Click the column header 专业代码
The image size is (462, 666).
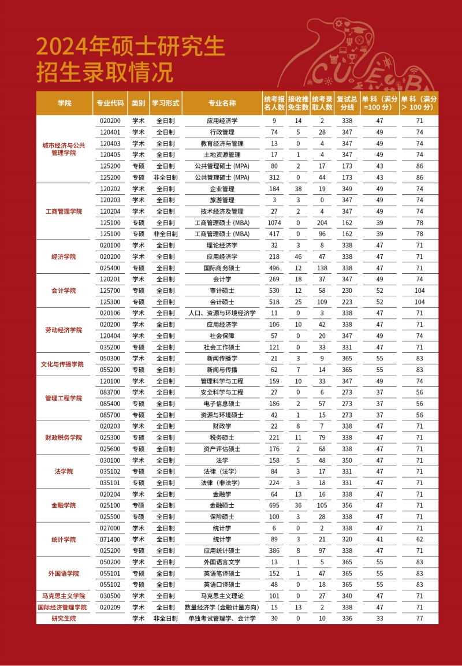click(x=110, y=103)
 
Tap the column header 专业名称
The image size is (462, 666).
click(x=222, y=103)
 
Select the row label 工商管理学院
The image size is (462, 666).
click(x=64, y=211)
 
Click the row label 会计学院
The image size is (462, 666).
click(x=64, y=291)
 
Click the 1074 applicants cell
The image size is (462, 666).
click(x=274, y=223)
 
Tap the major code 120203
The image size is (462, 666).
click(x=110, y=200)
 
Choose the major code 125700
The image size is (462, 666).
click(x=110, y=291)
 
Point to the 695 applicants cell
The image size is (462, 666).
click(x=274, y=505)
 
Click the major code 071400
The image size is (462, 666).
click(x=110, y=540)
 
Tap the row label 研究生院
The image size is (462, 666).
click(x=64, y=619)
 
